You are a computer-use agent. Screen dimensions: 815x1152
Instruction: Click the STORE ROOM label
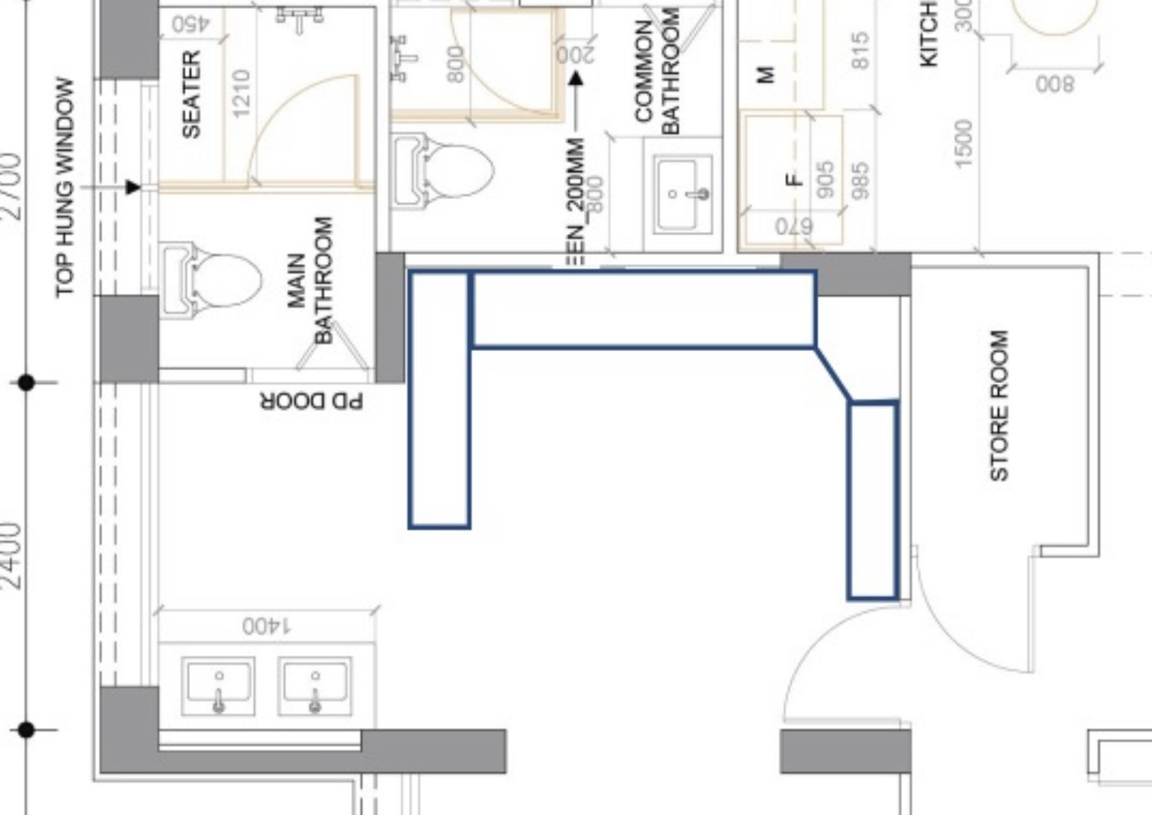tap(999, 405)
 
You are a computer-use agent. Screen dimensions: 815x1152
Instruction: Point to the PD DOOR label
tap(312, 402)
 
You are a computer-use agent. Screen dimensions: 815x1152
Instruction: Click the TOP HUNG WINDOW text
tap(64, 187)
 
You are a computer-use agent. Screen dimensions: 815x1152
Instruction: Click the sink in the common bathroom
tap(683, 194)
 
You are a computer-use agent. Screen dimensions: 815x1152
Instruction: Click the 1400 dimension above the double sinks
tap(267, 626)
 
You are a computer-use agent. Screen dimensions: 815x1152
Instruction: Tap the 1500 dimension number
tap(963, 143)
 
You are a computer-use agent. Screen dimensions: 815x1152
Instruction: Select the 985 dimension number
tap(860, 180)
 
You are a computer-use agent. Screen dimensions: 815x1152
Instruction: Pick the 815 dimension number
tap(860, 50)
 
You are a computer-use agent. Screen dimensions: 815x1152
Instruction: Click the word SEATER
tap(191, 93)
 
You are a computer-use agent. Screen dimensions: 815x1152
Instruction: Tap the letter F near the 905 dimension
tap(794, 180)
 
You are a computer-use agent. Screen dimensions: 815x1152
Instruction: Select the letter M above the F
tap(764, 74)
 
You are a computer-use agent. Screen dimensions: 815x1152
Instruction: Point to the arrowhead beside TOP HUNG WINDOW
tap(133, 187)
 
